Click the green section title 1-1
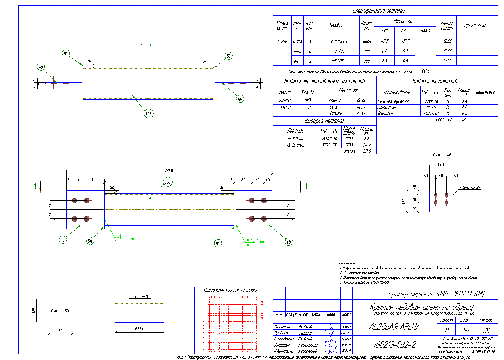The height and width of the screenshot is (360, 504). point(146,48)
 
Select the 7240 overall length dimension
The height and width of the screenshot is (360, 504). point(169,170)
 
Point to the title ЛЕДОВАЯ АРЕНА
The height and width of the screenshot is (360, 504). point(394,327)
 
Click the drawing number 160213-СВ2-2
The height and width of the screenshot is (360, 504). point(395,344)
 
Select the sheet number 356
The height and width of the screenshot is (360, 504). point(463,330)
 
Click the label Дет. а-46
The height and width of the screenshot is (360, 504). point(442,155)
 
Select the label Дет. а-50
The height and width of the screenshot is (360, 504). point(60,311)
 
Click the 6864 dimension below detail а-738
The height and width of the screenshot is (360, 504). point(139,330)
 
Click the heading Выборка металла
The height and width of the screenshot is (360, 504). point(324,121)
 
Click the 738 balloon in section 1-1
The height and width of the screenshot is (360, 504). point(148,114)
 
